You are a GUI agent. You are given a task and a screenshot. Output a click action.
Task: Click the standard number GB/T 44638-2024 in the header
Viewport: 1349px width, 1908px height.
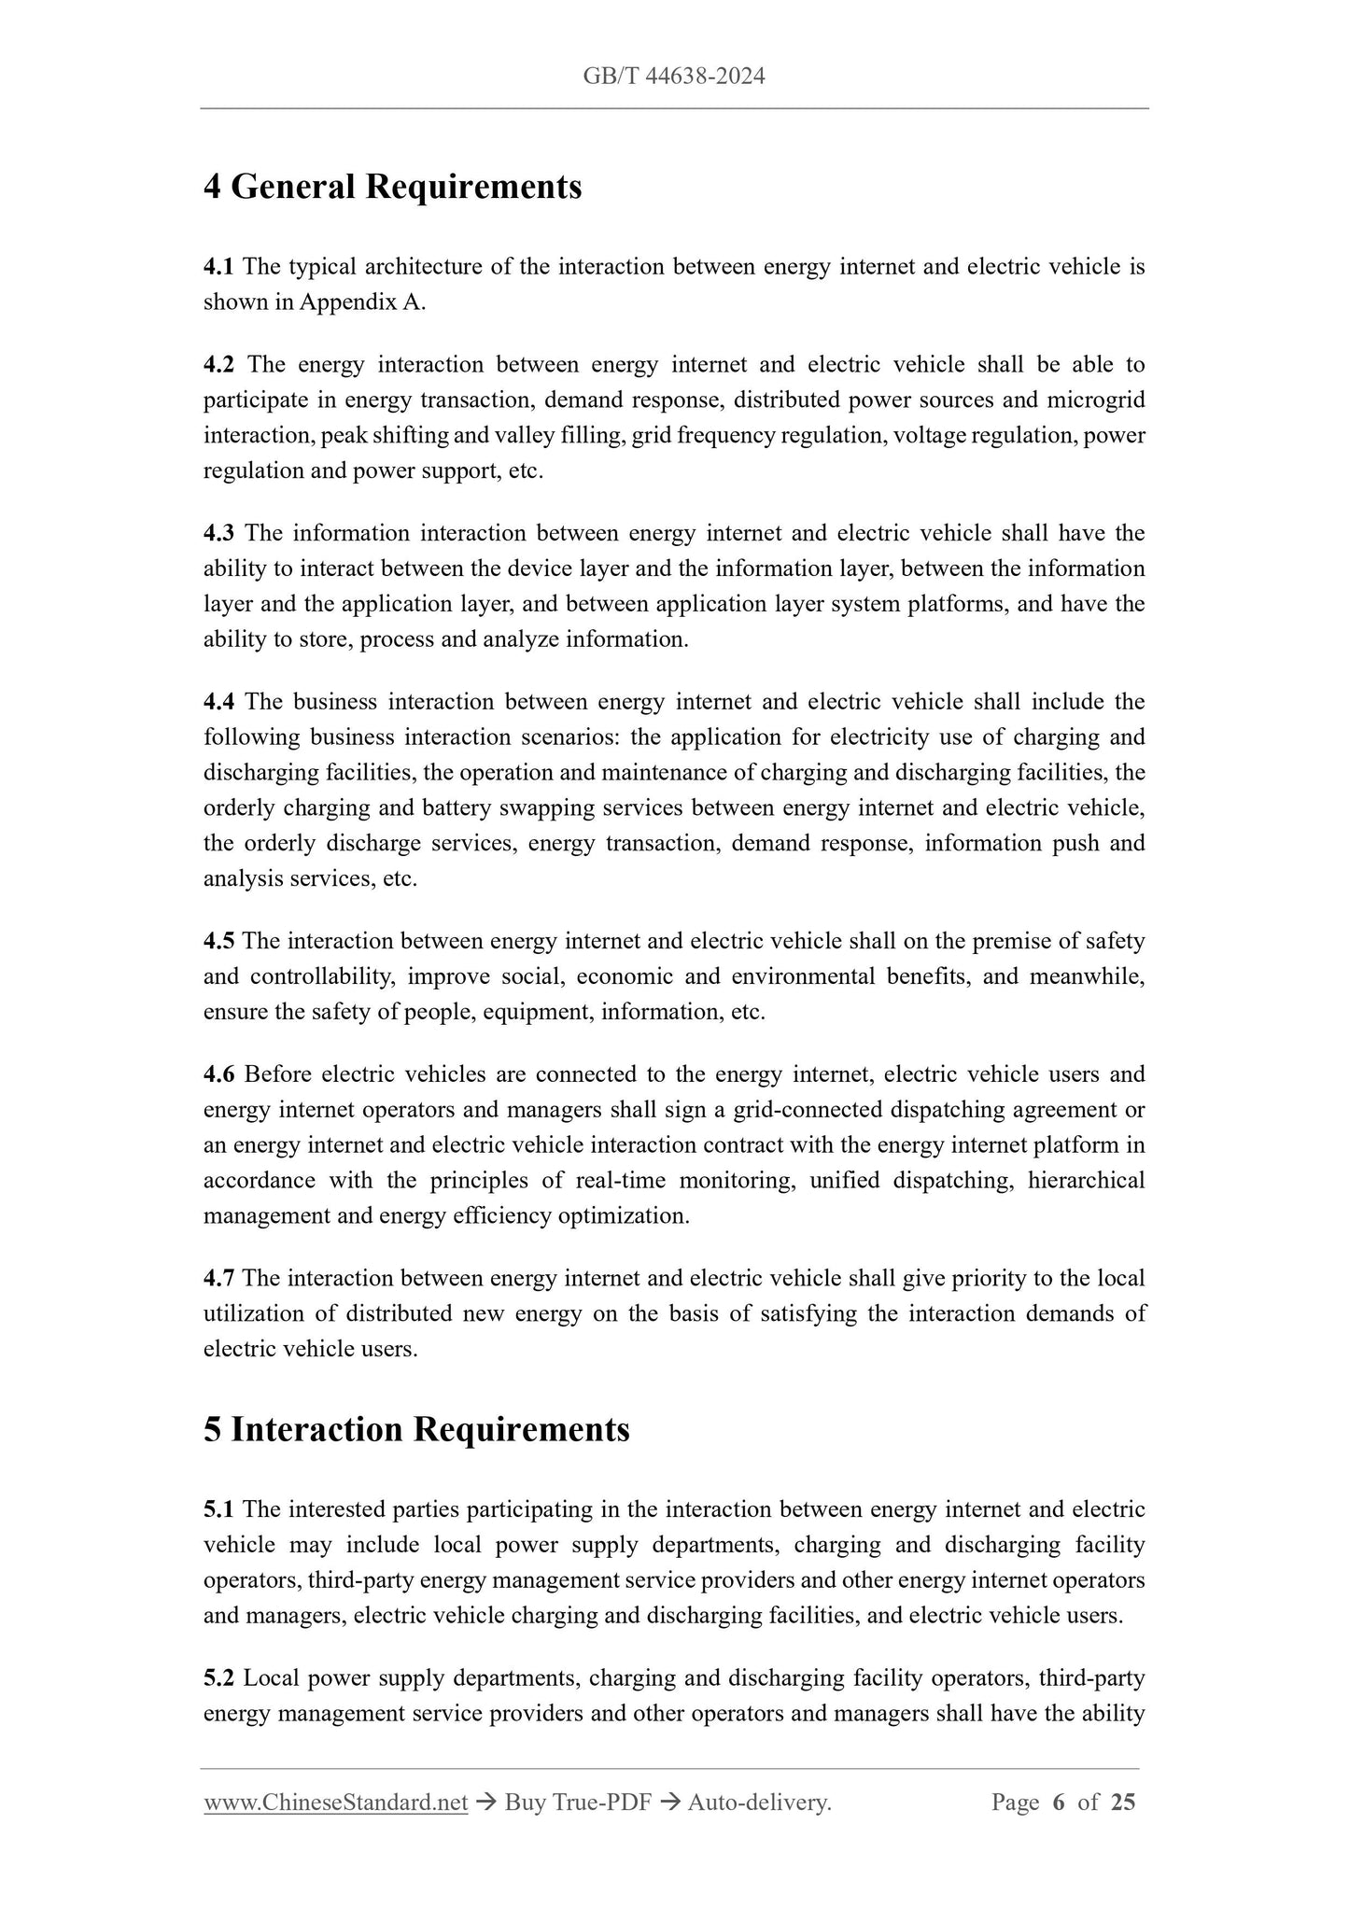point(674,77)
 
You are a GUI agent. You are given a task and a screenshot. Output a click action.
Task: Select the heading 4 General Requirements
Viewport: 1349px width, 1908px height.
point(392,187)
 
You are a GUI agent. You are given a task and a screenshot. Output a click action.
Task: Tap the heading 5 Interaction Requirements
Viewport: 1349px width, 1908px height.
point(416,1429)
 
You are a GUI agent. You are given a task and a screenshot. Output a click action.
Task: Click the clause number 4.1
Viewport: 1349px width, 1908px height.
point(219,267)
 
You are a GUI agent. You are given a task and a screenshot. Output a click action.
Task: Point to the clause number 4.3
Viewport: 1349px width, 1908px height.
point(219,533)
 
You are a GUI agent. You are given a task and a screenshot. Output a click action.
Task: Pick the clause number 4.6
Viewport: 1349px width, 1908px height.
point(219,1074)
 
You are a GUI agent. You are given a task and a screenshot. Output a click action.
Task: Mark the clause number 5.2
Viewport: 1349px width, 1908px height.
point(219,1678)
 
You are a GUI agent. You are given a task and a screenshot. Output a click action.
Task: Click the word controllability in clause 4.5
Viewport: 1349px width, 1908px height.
point(322,976)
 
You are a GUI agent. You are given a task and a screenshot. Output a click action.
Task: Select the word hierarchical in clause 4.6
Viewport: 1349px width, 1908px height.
point(1086,1181)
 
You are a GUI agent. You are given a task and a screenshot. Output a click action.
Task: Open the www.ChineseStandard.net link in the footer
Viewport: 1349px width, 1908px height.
point(335,1803)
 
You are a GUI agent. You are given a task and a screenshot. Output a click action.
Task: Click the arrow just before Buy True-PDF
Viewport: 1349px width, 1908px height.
point(485,1803)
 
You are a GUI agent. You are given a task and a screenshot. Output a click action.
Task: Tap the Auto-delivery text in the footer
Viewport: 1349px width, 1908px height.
point(758,1803)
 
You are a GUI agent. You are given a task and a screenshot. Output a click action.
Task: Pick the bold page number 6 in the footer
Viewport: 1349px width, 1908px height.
point(1058,1803)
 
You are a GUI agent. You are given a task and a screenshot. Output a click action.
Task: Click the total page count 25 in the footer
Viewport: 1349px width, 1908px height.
point(1123,1803)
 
